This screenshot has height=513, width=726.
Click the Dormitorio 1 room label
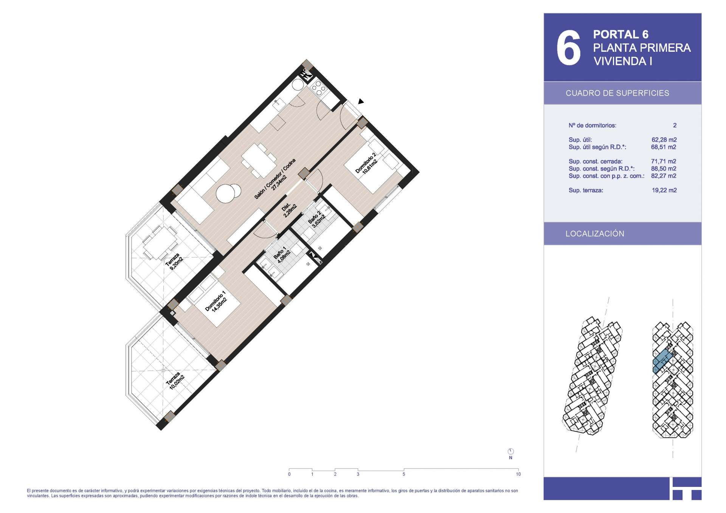coord(216,301)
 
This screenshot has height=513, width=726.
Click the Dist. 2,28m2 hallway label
coord(289,211)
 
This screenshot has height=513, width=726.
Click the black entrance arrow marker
coord(361,101)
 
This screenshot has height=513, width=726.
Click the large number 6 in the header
coord(568,48)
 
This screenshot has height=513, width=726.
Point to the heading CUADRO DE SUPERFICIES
coord(617,93)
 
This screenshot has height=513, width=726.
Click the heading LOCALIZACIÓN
coord(595,234)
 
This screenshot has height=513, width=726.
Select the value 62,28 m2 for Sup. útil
coord(664,140)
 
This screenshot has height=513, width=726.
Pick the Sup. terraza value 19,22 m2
coord(664,191)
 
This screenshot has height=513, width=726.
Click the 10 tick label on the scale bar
coord(518,474)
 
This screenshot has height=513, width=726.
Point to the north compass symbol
coord(510,451)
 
